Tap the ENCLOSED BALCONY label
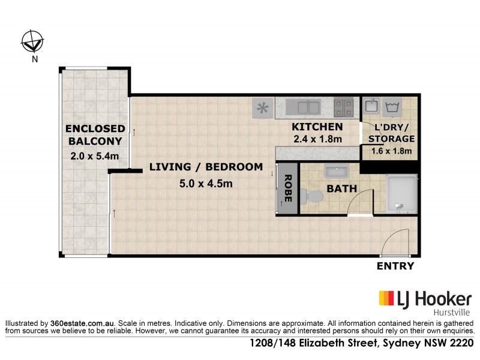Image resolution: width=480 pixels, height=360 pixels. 95,135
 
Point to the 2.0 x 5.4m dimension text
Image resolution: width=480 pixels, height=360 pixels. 95,157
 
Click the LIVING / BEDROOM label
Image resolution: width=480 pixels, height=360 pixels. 206,167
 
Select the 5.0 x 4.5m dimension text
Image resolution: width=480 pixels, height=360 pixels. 206,184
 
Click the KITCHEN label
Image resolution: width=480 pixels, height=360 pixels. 317,127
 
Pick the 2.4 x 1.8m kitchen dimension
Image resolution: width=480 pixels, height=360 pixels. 317,139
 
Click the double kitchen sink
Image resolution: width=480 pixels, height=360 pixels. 303,108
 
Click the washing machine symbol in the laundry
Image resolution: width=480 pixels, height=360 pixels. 395,107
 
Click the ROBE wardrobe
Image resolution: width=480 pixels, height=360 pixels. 287,187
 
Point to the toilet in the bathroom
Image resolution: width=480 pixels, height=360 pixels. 311,197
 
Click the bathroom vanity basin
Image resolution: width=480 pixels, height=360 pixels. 337,172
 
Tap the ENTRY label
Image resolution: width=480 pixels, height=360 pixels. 395,266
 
